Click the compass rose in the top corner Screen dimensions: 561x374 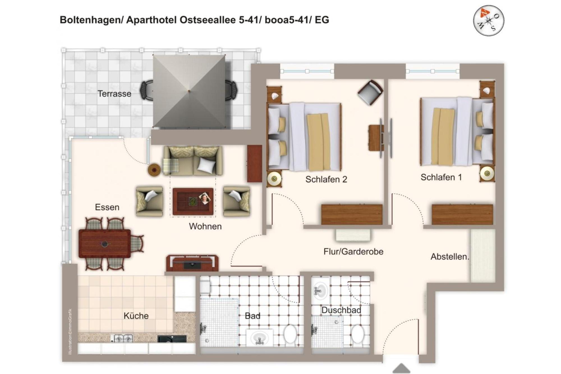pos(488,20)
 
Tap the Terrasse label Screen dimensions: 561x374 pos(114,93)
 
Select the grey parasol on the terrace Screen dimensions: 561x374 pos(189,91)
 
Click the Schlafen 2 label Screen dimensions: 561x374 pos(326,179)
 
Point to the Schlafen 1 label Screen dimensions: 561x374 pos(441,177)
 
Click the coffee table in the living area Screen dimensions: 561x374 pos(193,201)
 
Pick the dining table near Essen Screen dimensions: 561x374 pos(105,243)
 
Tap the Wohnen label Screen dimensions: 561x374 pos(205,226)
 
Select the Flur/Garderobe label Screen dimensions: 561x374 pos(353,251)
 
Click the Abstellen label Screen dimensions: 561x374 pos(450,256)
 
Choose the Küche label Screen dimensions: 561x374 pos(136,316)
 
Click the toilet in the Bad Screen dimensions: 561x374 pos(290,334)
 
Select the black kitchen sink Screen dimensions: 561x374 pos(172,339)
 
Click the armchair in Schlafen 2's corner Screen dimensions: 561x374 pos(371,92)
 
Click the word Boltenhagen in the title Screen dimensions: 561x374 pos(91,20)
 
